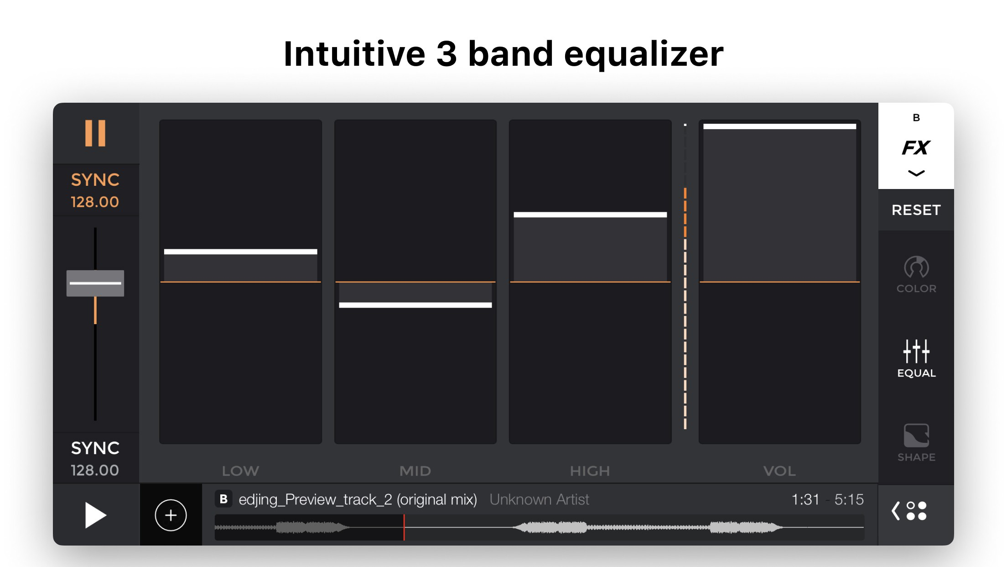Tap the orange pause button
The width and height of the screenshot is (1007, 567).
coord(95,133)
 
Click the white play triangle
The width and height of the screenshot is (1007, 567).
coord(95,515)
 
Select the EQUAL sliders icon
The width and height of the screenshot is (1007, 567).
coord(916,351)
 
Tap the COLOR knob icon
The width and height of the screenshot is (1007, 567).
coord(916,267)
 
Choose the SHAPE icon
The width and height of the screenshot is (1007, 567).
coord(916,436)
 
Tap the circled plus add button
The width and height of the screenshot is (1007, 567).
coord(171,515)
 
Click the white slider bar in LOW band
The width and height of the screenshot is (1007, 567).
coord(240,252)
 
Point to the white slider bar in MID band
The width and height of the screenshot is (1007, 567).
coord(415,305)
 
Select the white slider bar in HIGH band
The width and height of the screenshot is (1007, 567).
coord(590,215)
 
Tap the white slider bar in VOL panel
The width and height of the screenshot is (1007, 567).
coord(779,126)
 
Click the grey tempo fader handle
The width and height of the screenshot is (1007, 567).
coord(95,283)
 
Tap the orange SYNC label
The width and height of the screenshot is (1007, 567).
coord(95,180)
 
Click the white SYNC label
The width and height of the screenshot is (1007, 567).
coord(95,448)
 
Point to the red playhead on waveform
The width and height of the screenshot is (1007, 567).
coord(404,527)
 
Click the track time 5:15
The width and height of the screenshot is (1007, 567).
coord(849,499)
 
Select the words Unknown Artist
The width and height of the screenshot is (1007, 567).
coord(539,499)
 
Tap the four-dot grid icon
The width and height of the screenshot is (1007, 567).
coord(916,511)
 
